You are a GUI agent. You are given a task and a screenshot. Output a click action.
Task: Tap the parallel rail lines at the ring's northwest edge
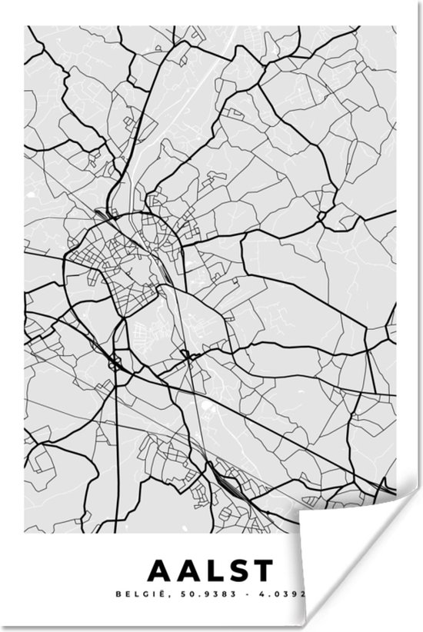pyautogui.click(x=101, y=217)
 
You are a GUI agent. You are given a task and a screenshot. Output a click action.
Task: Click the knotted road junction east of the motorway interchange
pyautogui.click(x=185, y=355)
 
